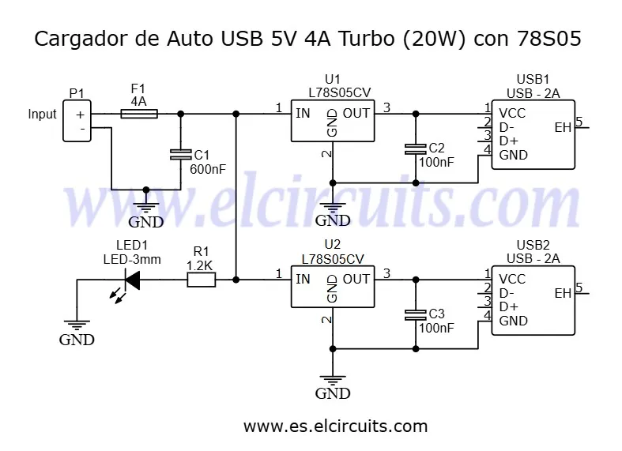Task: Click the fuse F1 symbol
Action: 139,115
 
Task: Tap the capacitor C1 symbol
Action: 180,155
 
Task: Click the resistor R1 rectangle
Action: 201,280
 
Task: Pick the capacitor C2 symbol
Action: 416,149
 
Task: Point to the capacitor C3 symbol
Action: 416,315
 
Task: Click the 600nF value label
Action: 208,169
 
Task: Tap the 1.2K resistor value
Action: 199,265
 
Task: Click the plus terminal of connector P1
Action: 81,115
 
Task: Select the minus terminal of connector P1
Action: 82,129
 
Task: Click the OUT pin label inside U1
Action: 356,114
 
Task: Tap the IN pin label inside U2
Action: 303,279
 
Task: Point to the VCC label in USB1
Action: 512,114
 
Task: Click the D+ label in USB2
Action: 508,306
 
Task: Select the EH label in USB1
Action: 563,128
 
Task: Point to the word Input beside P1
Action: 42,115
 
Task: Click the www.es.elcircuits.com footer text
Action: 336,427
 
